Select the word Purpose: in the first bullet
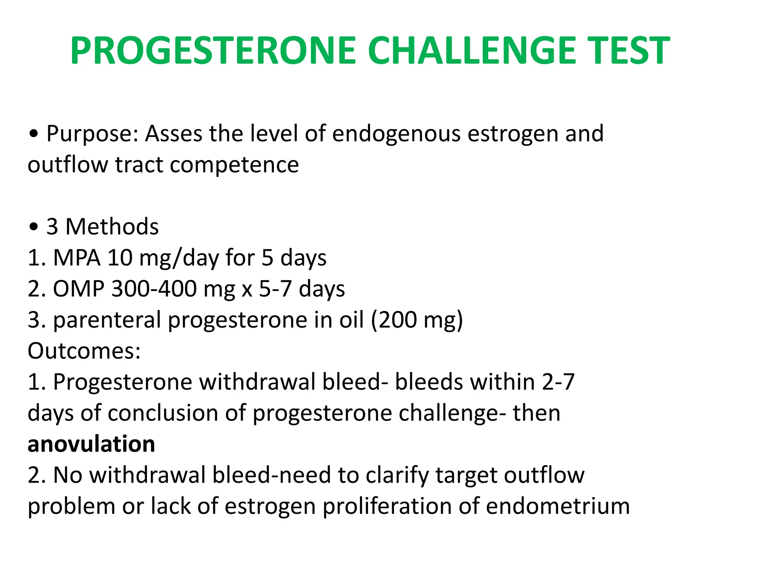click(92, 134)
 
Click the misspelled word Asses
click(174, 134)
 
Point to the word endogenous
click(396, 134)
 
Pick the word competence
click(234, 165)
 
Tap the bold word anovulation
click(91, 444)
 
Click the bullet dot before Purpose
click(34, 135)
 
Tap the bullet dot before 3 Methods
click(34, 227)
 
